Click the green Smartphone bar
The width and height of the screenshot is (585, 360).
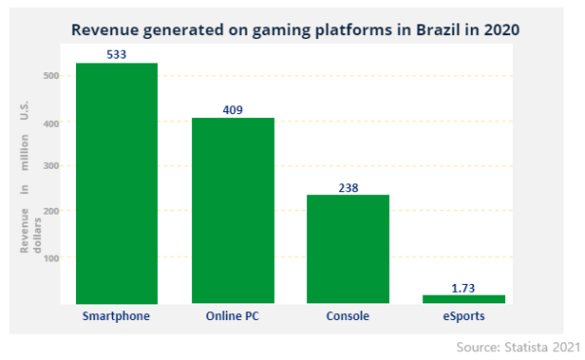tap(116, 183)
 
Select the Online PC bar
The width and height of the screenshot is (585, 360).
tap(232, 211)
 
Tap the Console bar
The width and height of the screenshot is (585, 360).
tap(348, 249)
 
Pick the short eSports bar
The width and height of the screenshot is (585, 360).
tap(464, 298)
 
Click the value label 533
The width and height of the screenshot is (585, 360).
tap(116, 55)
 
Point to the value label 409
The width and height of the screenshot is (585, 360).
tap(232, 110)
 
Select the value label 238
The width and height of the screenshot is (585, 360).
tap(348, 187)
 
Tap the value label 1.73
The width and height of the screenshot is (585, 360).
tap(464, 288)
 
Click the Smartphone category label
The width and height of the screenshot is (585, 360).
tap(116, 316)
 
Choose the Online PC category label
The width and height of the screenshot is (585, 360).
tap(232, 316)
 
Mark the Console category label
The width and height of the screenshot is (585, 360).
tap(348, 316)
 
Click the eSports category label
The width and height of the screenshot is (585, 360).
tap(464, 316)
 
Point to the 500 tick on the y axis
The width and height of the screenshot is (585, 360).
tap(52, 76)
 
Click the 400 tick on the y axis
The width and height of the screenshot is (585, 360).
tap(52, 123)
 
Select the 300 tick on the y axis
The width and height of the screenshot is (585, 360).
tap(52, 166)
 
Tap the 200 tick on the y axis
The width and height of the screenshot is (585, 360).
tap(52, 211)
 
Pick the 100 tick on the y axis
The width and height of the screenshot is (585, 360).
tap(52, 258)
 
